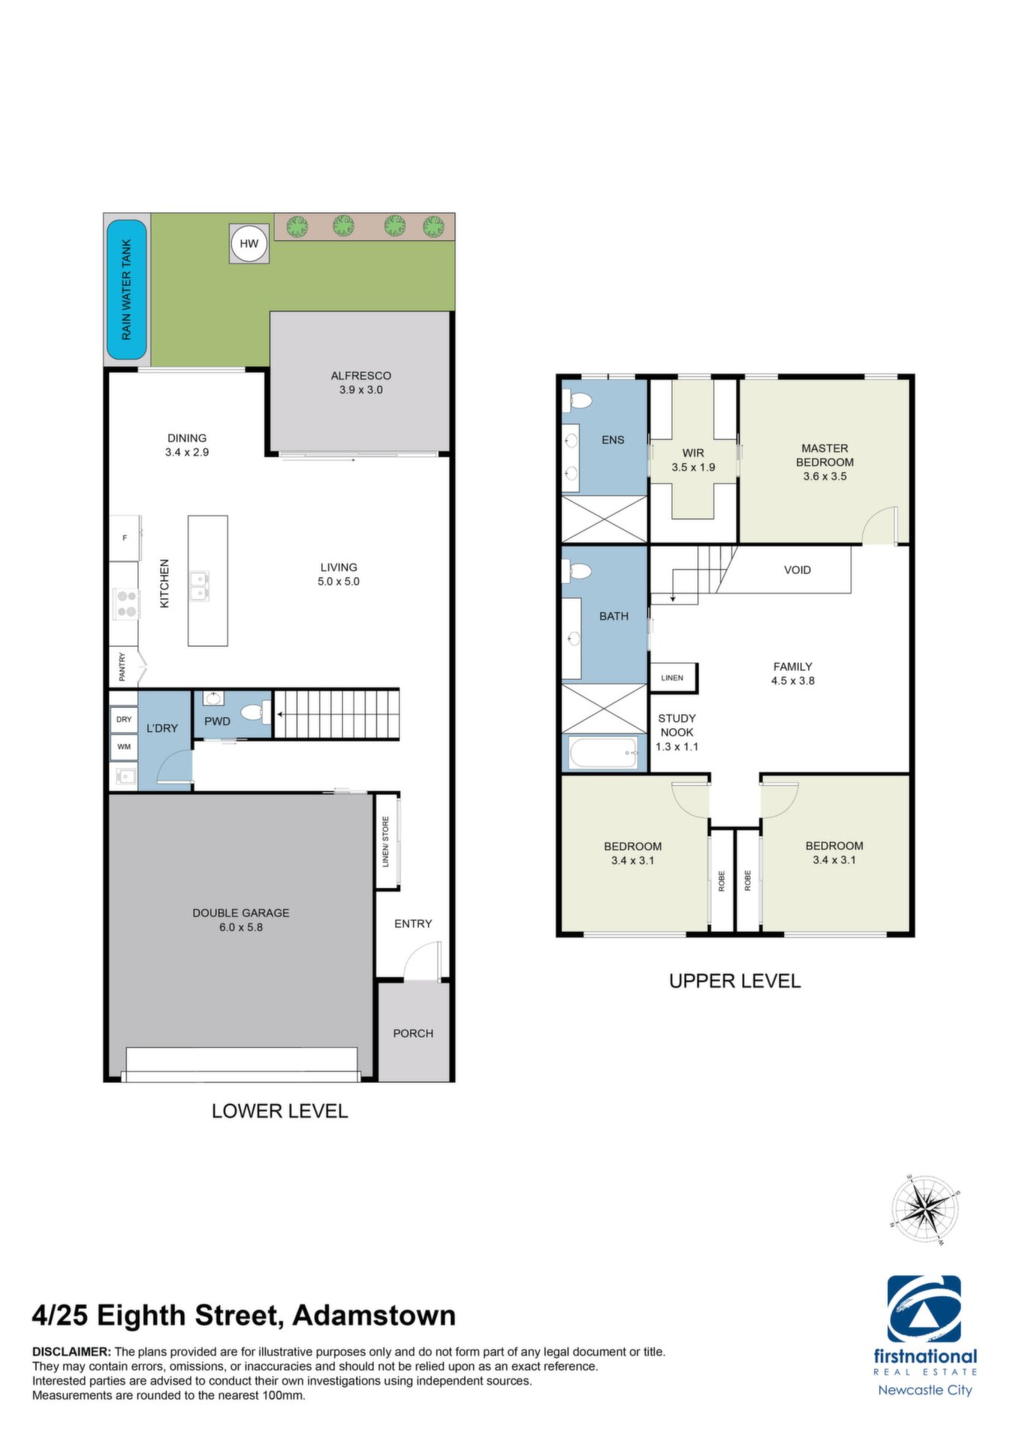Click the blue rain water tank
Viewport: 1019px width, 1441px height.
coord(126,290)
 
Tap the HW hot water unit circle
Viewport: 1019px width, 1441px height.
coord(249,243)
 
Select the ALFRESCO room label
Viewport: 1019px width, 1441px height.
coord(361,375)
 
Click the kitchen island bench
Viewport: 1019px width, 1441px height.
coord(208,580)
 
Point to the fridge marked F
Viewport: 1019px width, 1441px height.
coord(125,537)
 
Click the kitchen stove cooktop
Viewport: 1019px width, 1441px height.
coord(126,603)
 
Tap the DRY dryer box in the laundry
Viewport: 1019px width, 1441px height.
coord(124,719)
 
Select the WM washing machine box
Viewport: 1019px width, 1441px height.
coord(124,747)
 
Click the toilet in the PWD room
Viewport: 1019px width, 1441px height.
coord(256,711)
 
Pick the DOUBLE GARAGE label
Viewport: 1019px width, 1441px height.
coord(241,913)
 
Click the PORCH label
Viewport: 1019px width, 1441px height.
coord(413,1033)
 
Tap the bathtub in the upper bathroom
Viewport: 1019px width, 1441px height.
coord(604,753)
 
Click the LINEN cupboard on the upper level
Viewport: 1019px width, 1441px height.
coord(673,678)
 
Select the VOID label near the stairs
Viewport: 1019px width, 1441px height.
coord(797,570)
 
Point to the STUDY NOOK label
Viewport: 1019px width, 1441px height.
coord(677,725)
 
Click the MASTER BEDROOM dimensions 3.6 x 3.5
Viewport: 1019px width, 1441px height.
coord(825,477)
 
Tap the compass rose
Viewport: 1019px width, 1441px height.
coord(925,1209)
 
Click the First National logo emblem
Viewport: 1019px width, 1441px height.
coord(924,1310)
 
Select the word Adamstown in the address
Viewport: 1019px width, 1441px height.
coord(374,1316)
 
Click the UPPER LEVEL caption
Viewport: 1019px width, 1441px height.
coord(734,981)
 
